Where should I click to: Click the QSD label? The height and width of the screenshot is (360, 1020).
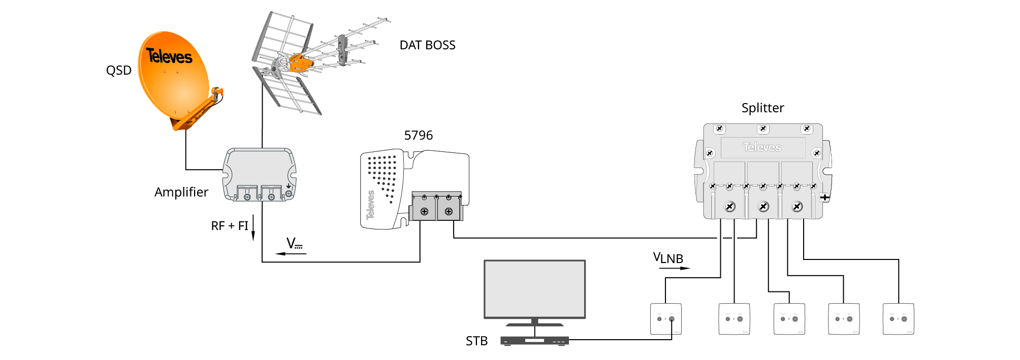pyautogui.click(x=118, y=71)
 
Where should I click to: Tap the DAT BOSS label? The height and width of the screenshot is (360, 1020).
pyautogui.click(x=427, y=45)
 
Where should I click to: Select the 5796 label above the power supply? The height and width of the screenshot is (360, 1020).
pyautogui.click(x=418, y=136)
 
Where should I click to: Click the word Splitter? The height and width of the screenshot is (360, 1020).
pyautogui.click(x=762, y=108)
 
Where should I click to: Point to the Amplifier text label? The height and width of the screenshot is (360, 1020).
pyautogui.click(x=181, y=192)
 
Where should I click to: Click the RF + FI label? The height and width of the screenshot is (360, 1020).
pyautogui.click(x=230, y=226)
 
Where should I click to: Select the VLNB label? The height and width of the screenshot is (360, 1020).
pyautogui.click(x=668, y=258)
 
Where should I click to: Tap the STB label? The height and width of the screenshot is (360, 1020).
pyautogui.click(x=476, y=341)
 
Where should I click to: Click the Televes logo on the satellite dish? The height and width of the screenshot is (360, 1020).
pyautogui.click(x=169, y=56)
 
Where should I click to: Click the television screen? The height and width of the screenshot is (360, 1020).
pyautogui.click(x=534, y=289)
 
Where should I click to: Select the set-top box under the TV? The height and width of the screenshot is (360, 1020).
pyautogui.click(x=534, y=341)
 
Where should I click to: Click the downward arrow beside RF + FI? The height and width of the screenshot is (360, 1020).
pyautogui.click(x=253, y=228)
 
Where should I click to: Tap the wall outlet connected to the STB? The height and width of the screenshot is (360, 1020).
pyautogui.click(x=665, y=319)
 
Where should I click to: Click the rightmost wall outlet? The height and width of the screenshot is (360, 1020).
pyautogui.click(x=898, y=319)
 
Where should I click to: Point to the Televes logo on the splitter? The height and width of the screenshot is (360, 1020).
pyautogui.click(x=762, y=147)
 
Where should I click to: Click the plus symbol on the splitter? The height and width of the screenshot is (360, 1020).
pyautogui.click(x=825, y=197)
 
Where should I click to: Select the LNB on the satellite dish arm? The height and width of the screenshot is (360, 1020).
pyautogui.click(x=217, y=92)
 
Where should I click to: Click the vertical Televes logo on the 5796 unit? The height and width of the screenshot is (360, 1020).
pyautogui.click(x=371, y=205)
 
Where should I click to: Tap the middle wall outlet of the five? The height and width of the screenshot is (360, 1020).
pyautogui.click(x=789, y=319)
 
